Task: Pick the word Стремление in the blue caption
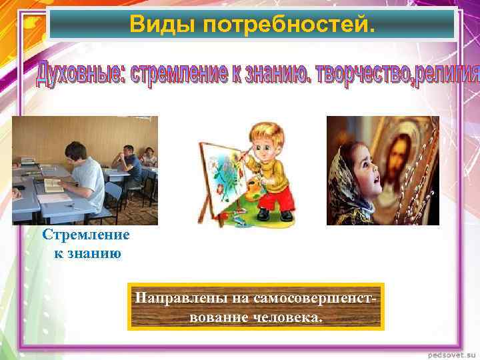(85, 235)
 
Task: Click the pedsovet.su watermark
(452, 351)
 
